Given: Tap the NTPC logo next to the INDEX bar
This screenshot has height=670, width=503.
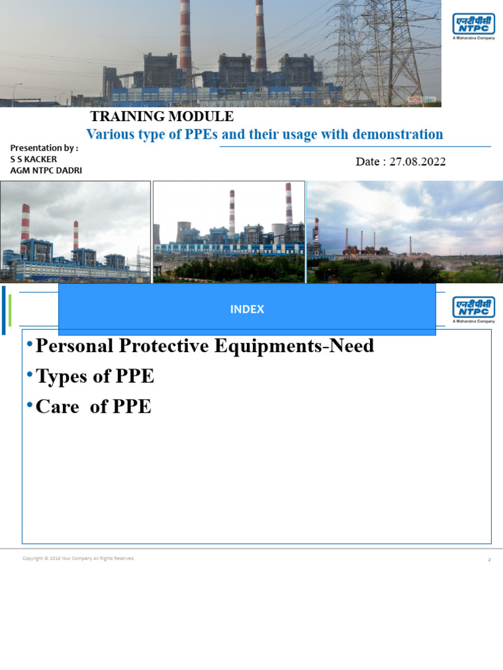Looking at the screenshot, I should click(473, 309).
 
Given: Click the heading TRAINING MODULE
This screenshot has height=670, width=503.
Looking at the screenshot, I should click(162, 116).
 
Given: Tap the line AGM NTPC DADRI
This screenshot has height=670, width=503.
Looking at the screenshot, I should click(46, 170).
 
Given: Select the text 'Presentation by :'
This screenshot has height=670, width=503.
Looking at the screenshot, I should click(45, 148).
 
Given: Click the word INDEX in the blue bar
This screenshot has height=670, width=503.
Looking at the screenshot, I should click(247, 309).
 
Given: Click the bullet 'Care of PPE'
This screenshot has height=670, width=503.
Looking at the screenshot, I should click(93, 406).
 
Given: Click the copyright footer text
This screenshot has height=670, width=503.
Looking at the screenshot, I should click(79, 558).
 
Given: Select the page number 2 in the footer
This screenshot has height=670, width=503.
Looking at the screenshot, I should click(489, 560).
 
